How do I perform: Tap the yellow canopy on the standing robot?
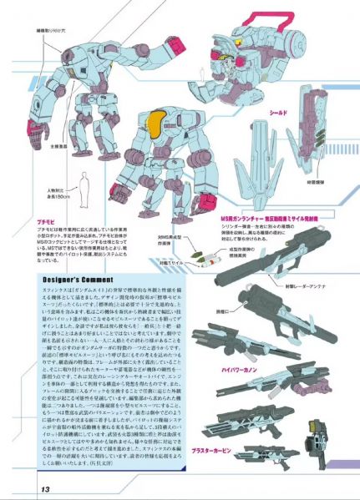(x=152, y=126)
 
